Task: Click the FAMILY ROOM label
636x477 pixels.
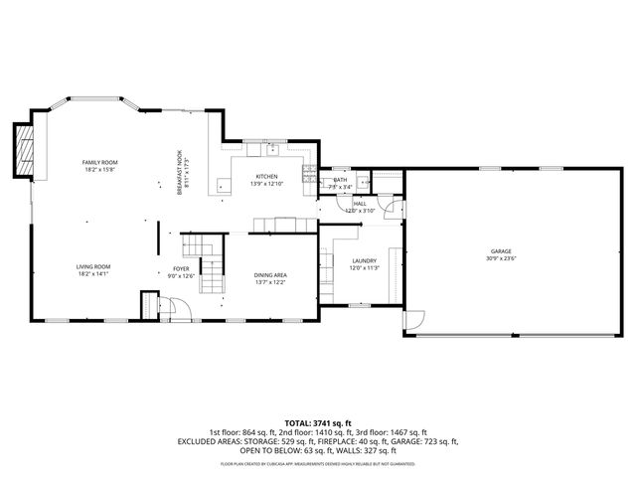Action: (x=99, y=162)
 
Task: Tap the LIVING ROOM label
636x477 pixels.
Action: (x=93, y=266)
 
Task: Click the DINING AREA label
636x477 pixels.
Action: (x=270, y=274)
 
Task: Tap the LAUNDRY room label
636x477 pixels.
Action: (x=363, y=260)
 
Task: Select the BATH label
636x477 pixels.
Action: (x=340, y=180)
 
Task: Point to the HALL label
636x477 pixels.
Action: (x=359, y=203)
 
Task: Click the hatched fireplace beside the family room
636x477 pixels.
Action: (x=25, y=147)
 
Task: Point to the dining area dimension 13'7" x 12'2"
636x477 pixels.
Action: (x=270, y=282)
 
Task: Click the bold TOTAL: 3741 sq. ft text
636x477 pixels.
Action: (x=317, y=422)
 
